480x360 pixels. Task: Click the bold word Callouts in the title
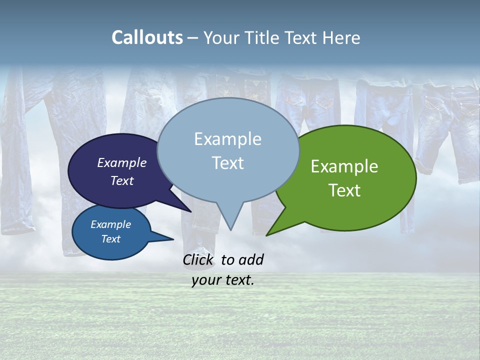[147, 37]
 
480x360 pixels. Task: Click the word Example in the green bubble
[344, 166]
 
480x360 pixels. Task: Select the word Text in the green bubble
[344, 190]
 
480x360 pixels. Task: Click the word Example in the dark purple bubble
[122, 162]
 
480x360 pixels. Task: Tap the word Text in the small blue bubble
[111, 239]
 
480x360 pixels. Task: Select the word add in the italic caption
[251, 259]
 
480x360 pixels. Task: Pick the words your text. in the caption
[223, 280]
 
